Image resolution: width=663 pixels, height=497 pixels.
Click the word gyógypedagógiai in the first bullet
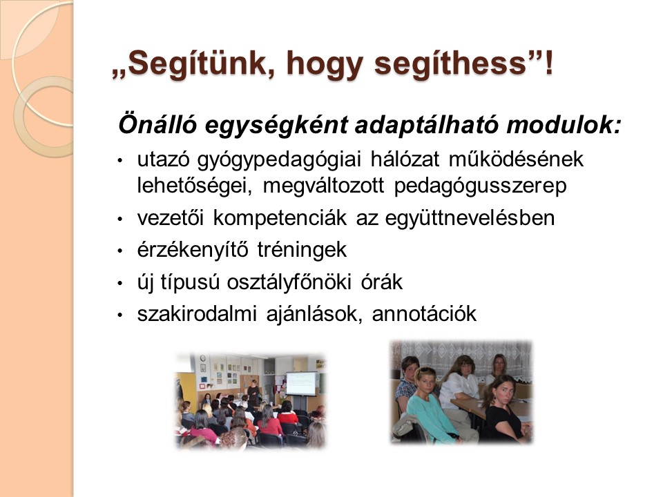279,159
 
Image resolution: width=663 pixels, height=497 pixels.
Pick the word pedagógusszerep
480,186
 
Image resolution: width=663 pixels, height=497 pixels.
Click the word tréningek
302,250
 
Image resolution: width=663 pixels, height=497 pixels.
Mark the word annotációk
424,314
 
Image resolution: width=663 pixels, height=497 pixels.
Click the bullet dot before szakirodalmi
120,315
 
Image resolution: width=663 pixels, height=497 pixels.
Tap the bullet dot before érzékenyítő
120,251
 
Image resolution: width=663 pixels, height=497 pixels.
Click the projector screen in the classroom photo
300,383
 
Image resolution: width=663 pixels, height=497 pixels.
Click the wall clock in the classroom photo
203,358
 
